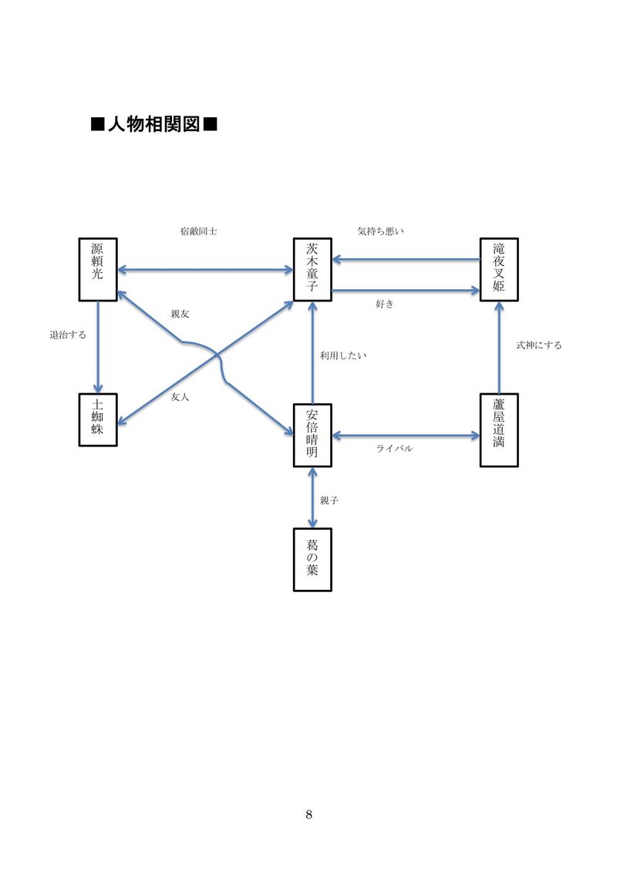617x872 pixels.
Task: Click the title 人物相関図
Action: point(153,124)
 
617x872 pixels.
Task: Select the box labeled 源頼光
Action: point(98,269)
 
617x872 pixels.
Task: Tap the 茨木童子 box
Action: point(312,269)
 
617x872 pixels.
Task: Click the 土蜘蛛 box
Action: point(98,420)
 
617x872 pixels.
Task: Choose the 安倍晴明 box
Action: point(312,435)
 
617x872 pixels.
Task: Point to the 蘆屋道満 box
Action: point(499,429)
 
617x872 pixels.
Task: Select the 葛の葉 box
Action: point(312,559)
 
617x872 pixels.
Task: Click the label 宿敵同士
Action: point(198,231)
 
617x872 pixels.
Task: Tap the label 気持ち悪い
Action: point(381,231)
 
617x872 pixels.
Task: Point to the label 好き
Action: point(384,305)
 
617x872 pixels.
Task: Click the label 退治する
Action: point(68,335)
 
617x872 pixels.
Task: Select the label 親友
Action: point(180,315)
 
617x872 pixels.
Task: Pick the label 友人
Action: point(180,397)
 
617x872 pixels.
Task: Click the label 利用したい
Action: point(343,355)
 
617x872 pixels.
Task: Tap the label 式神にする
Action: point(539,345)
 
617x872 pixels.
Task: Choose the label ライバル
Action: point(394,449)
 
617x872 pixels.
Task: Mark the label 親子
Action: point(329,500)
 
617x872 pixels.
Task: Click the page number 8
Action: point(308,815)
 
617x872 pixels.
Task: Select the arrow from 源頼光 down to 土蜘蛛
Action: point(98,347)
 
